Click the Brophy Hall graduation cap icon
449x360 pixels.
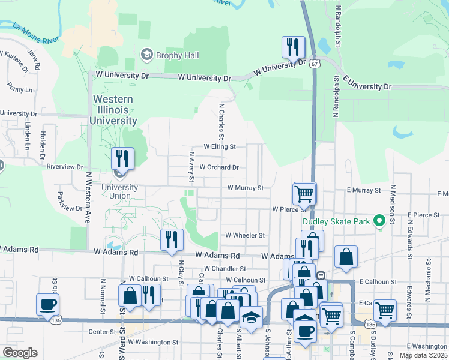146,55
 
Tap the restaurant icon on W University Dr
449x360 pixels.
294,47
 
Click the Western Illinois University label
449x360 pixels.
113,110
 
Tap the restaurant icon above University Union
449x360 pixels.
122,158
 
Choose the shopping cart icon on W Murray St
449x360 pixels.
304,194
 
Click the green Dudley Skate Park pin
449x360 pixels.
379,221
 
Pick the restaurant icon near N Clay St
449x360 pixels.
172,239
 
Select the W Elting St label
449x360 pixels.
220,146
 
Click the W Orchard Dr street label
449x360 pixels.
218,167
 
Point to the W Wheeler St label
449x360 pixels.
244,235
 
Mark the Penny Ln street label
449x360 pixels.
20,89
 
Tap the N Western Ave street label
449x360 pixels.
88,197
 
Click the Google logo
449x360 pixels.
20,353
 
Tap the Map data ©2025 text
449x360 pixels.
423,355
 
